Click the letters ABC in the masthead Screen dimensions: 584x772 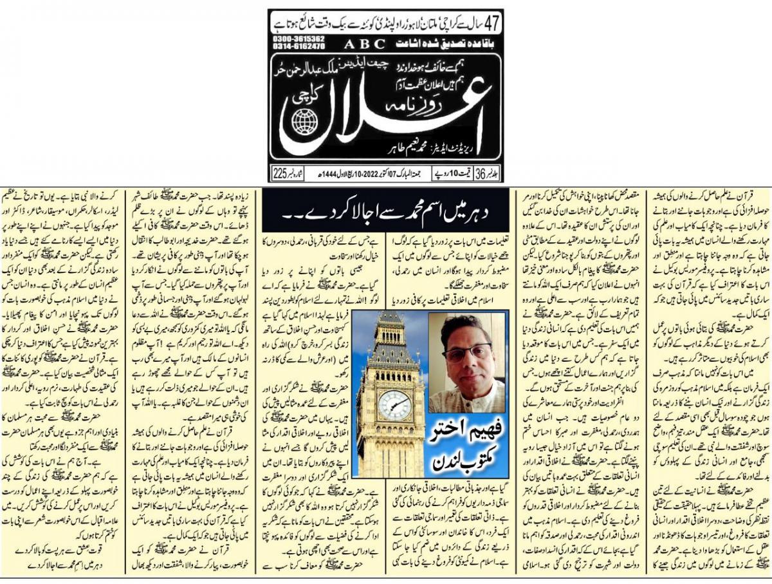coord(364,44)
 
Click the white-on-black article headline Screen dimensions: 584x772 coord(385,209)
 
